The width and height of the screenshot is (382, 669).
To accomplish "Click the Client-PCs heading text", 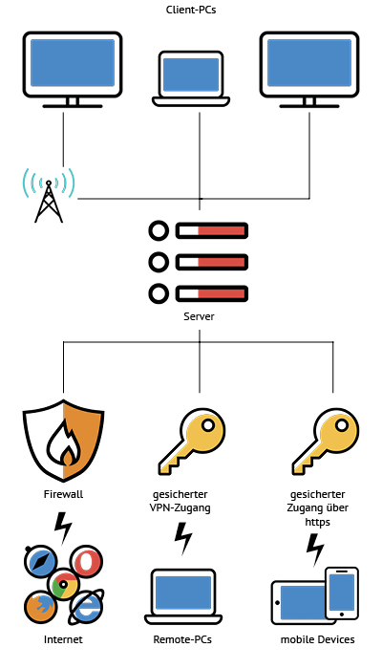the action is pyautogui.click(x=191, y=10).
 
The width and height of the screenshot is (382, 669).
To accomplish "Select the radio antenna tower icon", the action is pyautogui.click(x=49, y=195).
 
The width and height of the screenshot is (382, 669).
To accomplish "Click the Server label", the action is pyautogui.click(x=199, y=316).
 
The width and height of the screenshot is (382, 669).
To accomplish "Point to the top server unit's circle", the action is pyautogui.click(x=159, y=231).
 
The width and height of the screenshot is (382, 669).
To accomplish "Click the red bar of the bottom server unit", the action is pyautogui.click(x=222, y=294).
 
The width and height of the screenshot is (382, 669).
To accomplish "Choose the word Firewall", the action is pyautogui.click(x=64, y=494).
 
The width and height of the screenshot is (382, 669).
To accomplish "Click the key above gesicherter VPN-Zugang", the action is pyautogui.click(x=192, y=442).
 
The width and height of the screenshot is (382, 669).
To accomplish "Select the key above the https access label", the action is pyautogui.click(x=326, y=442).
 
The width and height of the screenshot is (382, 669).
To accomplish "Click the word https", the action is pyautogui.click(x=318, y=522).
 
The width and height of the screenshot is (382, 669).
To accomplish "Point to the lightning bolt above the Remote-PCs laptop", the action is pyautogui.click(x=183, y=538).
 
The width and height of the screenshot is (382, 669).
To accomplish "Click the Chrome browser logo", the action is pyautogui.click(x=64, y=584).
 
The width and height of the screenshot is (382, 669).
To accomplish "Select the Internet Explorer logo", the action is pyautogui.click(x=86, y=607).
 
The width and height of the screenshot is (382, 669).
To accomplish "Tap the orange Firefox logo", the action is pyautogui.click(x=40, y=607).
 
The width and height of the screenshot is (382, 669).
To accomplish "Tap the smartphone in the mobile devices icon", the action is pyautogui.click(x=342, y=593).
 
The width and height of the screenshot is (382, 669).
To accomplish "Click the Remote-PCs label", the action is pyautogui.click(x=182, y=639).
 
